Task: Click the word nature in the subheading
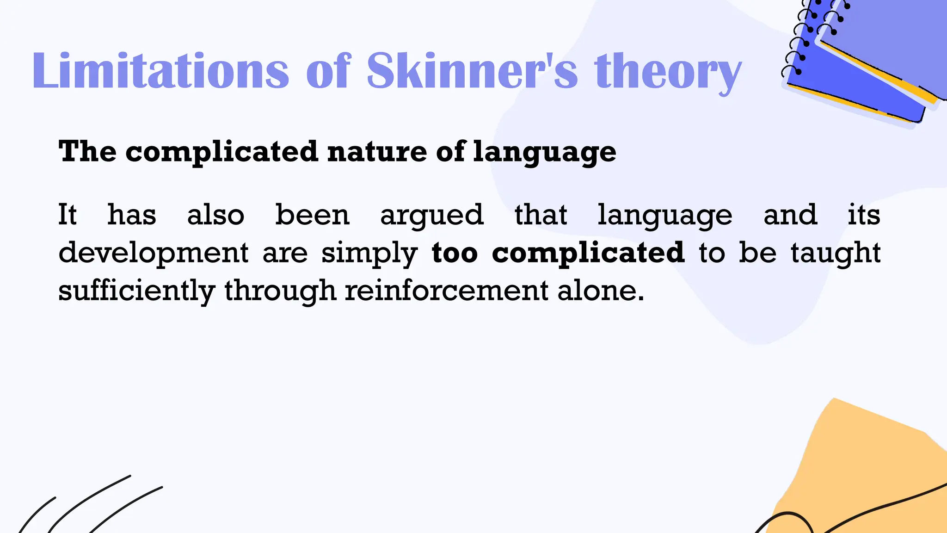pyautogui.click(x=377, y=152)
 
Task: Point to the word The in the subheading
pyautogui.click(x=87, y=151)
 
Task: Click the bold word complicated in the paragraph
pyautogui.click(x=588, y=253)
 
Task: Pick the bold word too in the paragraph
pyautogui.click(x=455, y=253)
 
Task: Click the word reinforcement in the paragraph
pyautogui.click(x=447, y=291)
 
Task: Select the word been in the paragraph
pyautogui.click(x=312, y=215)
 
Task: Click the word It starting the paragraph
pyautogui.click(x=67, y=215)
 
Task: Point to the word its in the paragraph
pyautogui.click(x=864, y=215)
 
